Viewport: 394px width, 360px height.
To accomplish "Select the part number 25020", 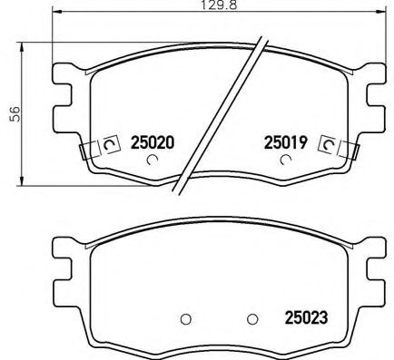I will tap(153, 142).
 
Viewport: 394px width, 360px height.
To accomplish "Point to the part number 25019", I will tap(285, 142).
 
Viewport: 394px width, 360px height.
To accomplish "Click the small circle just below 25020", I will tap(152, 161).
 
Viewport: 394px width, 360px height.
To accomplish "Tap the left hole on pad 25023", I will tap(185, 318).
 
